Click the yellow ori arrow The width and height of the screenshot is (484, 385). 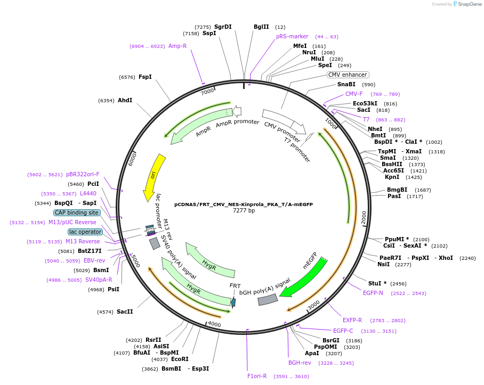pos(152,177)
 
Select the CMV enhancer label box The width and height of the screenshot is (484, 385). pos(348,75)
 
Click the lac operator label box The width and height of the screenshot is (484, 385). pos(85,232)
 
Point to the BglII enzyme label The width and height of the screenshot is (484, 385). pos(261,27)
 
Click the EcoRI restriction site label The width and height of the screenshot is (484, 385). pos(180,359)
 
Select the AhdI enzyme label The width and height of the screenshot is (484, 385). pos(125,100)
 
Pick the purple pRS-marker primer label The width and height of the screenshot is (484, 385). pos(292,37)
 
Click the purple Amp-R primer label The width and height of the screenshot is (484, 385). pos(178,46)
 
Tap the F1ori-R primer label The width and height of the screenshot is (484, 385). pos(257,376)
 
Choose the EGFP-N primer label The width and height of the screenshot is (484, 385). pos(373,293)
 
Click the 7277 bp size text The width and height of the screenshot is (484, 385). pos(244,211)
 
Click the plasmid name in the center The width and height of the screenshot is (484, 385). pos(244,204)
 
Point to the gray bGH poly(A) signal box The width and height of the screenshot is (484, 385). pos(268,300)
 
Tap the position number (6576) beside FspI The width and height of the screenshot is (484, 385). pos(127,77)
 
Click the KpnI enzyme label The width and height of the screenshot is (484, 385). pos(392,177)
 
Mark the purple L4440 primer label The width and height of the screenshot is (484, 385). pos(88,193)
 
